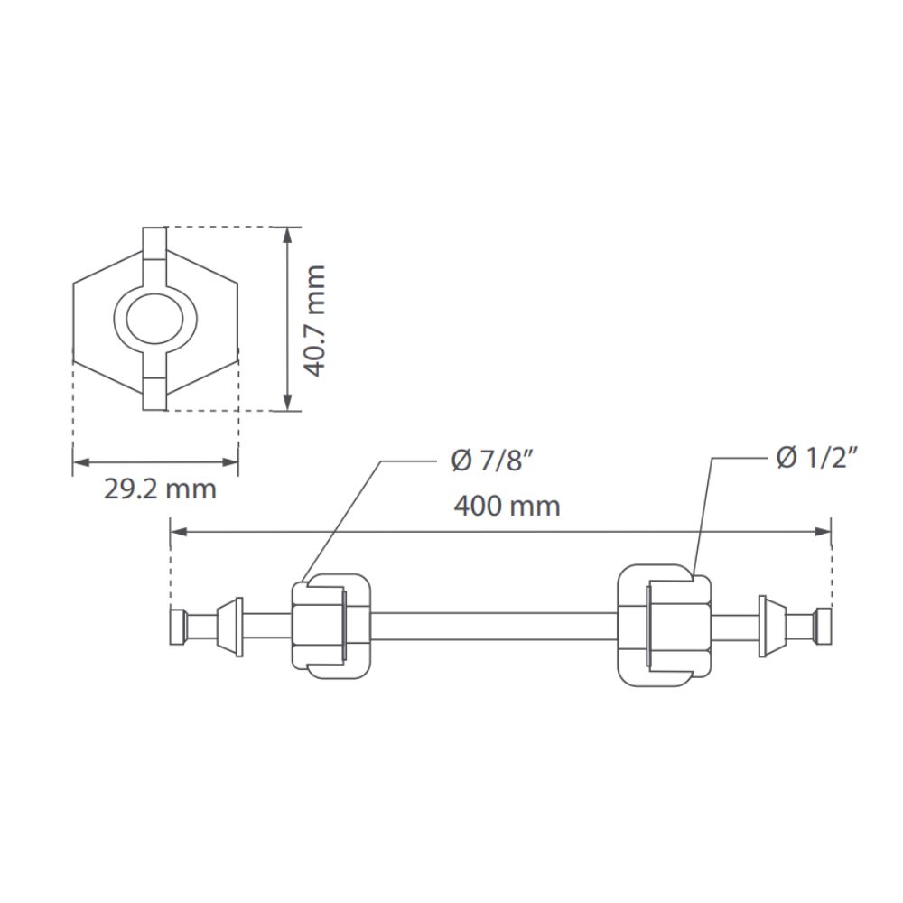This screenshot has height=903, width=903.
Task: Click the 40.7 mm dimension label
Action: (x=315, y=321)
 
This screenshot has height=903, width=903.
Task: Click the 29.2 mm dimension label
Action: (x=160, y=489)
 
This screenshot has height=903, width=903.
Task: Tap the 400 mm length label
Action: (x=507, y=507)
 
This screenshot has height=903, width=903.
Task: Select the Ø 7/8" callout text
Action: (x=491, y=461)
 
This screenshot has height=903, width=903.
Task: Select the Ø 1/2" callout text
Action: (x=817, y=459)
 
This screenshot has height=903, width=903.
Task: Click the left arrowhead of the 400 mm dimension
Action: (x=180, y=532)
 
